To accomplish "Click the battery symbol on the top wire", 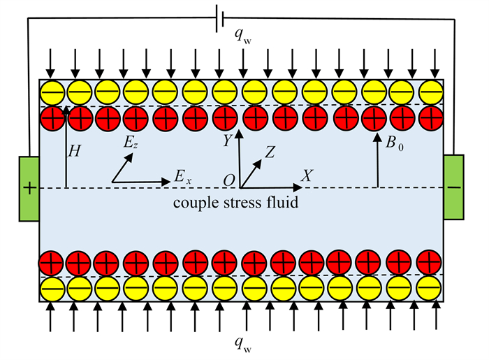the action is click(220, 19).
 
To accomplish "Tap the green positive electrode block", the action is click(29, 189).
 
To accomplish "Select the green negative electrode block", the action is click(454, 187).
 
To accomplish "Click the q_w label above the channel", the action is click(243, 36).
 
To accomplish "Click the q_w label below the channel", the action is click(243, 345).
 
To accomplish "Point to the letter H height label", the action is click(74, 151).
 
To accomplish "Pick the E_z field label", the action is click(131, 143).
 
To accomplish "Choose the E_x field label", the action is click(182, 177).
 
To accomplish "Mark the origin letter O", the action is click(229, 180).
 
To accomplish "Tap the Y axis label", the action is click(227, 141).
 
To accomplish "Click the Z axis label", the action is click(270, 152).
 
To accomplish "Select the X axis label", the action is click(307, 176).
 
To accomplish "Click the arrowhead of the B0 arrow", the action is click(377, 138).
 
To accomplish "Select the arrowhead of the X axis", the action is click(298, 187).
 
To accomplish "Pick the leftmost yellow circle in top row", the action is click(52, 93).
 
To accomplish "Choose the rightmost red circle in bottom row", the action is click(429, 262).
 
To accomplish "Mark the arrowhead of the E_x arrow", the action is click(166, 182).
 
